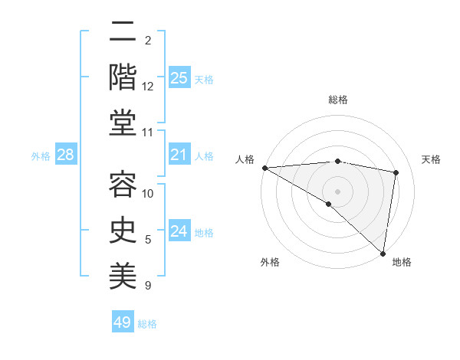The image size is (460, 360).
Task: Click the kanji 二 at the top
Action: [x=122, y=33]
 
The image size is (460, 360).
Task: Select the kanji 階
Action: [x=122, y=77]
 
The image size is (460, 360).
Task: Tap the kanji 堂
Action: [x=122, y=123]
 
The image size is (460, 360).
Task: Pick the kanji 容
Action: [x=122, y=184]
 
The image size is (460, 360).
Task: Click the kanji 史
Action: [x=122, y=229]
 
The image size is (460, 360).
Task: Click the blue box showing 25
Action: [x=179, y=78]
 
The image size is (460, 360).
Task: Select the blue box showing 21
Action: [x=179, y=155]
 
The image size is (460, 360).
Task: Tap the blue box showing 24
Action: [x=179, y=232]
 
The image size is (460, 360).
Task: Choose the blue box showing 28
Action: [x=66, y=155]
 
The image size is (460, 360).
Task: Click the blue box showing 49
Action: [x=123, y=322]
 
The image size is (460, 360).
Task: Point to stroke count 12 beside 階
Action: [x=148, y=87]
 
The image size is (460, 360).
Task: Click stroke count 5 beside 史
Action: [x=148, y=240]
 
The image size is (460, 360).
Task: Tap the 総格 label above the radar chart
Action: [x=338, y=100]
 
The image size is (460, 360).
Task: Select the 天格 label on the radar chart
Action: [x=432, y=159]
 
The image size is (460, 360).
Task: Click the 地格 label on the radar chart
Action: [x=402, y=262]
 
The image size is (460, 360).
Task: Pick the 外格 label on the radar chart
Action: [x=270, y=262]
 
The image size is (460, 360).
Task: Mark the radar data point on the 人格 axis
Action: [x=264, y=168]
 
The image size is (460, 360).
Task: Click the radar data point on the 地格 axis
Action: [x=383, y=253]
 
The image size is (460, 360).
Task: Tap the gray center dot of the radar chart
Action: [x=337, y=191]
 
